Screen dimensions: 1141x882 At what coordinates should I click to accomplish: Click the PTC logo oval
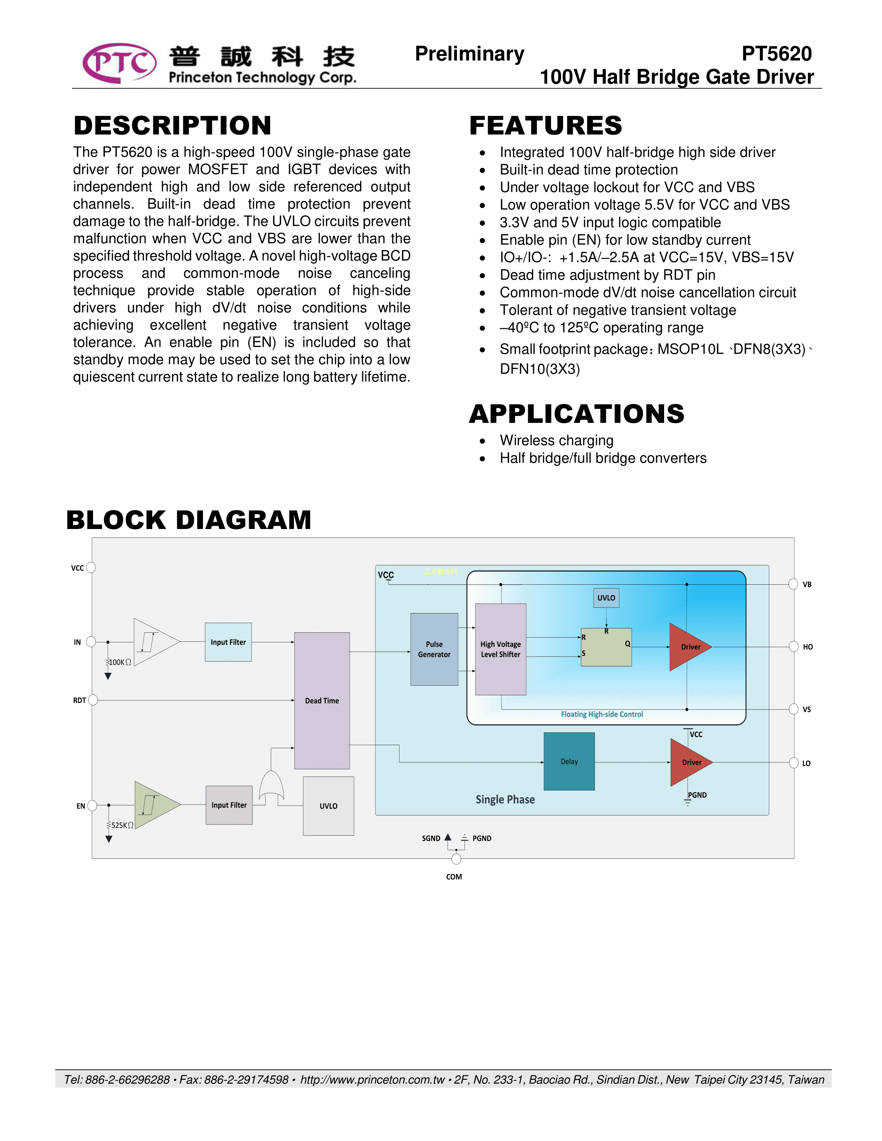click(x=119, y=63)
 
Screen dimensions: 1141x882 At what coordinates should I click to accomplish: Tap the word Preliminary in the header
click(x=469, y=54)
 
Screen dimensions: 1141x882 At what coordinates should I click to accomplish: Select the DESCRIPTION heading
click(x=173, y=126)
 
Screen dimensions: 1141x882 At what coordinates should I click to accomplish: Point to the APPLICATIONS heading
click(x=576, y=414)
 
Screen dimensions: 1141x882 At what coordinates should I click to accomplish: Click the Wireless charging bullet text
click(x=557, y=440)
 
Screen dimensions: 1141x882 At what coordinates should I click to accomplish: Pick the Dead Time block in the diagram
click(x=322, y=701)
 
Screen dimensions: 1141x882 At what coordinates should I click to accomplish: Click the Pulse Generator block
click(x=434, y=649)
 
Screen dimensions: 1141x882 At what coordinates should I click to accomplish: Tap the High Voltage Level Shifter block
click(x=500, y=649)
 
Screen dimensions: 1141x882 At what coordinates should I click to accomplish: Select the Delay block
click(x=569, y=761)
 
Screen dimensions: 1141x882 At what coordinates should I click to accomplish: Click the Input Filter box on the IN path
click(x=228, y=642)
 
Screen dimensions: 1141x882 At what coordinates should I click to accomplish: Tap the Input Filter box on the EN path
click(x=229, y=805)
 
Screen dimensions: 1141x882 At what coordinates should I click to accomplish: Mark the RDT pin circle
click(x=93, y=700)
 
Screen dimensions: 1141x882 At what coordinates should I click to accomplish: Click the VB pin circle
click(x=793, y=584)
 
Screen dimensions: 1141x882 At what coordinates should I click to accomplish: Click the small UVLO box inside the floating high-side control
click(x=606, y=598)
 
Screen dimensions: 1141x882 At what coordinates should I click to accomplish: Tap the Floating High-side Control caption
click(x=602, y=714)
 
